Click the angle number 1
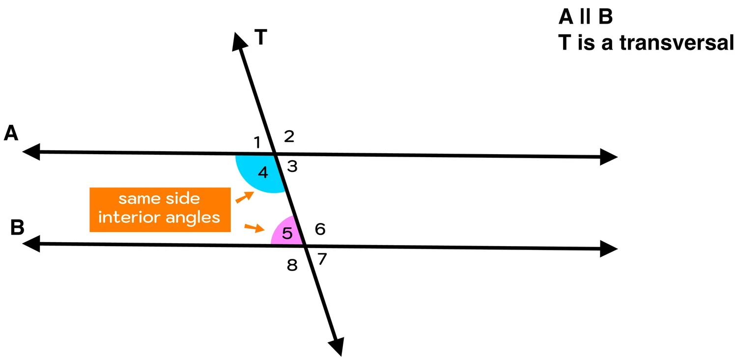(x=256, y=143)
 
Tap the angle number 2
(x=289, y=136)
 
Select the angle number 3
(x=292, y=167)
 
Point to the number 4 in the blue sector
(x=263, y=172)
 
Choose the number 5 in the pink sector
(x=287, y=233)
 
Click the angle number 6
(x=320, y=229)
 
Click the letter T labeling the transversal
(x=261, y=38)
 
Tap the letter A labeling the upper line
(x=11, y=133)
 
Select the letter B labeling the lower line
(x=17, y=228)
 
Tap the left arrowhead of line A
(x=30, y=152)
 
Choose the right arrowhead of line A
(x=608, y=157)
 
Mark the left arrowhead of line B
(x=30, y=243)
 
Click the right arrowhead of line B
(x=608, y=249)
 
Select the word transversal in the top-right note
(x=676, y=43)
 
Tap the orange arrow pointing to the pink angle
(x=254, y=227)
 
